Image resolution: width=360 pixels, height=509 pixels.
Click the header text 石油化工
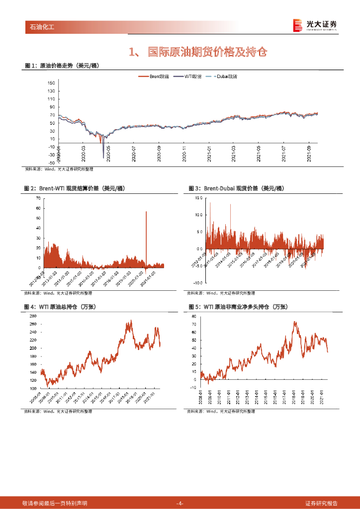click(x=40, y=27)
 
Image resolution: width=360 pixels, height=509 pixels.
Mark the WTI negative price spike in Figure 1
click(x=103, y=157)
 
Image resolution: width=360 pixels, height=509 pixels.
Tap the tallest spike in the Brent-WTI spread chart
click(x=146, y=213)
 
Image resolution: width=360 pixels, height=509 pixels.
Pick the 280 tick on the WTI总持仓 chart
click(x=33, y=316)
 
